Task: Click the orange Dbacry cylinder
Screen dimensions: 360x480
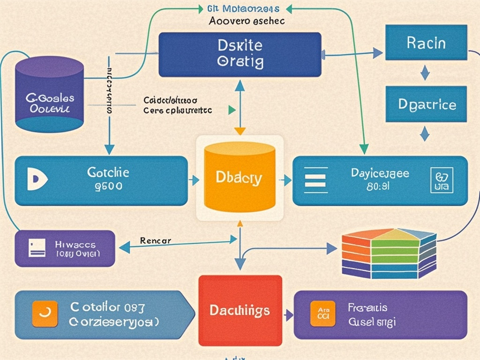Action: [240, 178]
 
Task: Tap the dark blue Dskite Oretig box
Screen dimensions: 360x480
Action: [240, 54]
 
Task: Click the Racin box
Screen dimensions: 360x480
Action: [426, 43]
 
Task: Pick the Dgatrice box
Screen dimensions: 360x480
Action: [427, 104]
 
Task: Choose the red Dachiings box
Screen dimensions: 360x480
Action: [240, 310]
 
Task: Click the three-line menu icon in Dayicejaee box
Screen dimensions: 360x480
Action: [315, 180]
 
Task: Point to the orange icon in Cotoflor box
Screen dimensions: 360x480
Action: [45, 314]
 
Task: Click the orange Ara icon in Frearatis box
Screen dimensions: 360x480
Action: [322, 314]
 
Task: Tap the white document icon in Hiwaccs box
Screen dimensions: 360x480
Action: [37, 247]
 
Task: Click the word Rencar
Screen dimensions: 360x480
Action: [156, 241]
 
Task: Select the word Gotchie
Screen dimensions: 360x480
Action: [108, 172]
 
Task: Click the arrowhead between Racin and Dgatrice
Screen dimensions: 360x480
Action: [425, 73]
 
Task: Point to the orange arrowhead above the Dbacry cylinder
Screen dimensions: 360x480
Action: [240, 131]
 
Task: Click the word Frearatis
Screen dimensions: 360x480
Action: [367, 307]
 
